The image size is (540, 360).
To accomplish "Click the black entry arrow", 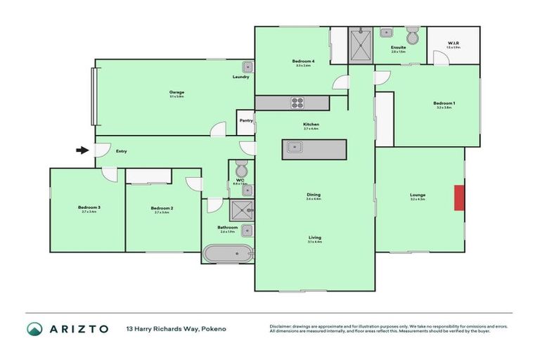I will tap(83, 150).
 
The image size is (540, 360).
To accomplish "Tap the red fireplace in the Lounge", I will tap(459, 197).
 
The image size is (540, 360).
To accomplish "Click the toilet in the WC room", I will tap(240, 170).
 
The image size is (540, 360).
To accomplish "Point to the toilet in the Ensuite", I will tap(412, 34).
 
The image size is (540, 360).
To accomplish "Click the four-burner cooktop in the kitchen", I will tap(297, 103).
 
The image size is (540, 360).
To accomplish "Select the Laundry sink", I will tap(247, 67).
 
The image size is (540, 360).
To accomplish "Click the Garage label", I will tap(175, 92).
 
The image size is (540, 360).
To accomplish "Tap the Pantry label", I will tap(245, 120).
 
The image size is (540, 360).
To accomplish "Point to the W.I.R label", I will tap(453, 43).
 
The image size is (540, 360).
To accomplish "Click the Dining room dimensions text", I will tap(314, 200).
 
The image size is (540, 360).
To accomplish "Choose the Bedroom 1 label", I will tap(444, 103).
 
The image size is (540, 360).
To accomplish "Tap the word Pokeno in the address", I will tap(214, 329).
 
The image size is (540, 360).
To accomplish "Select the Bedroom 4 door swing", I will tap(340, 82).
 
